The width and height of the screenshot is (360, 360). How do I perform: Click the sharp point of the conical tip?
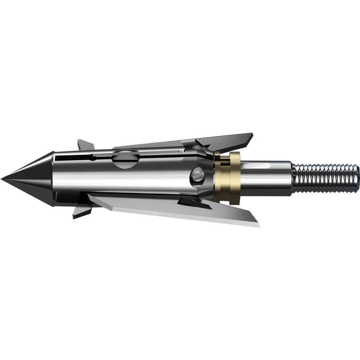[2, 179]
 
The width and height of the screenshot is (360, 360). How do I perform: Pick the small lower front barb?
[82, 211]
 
